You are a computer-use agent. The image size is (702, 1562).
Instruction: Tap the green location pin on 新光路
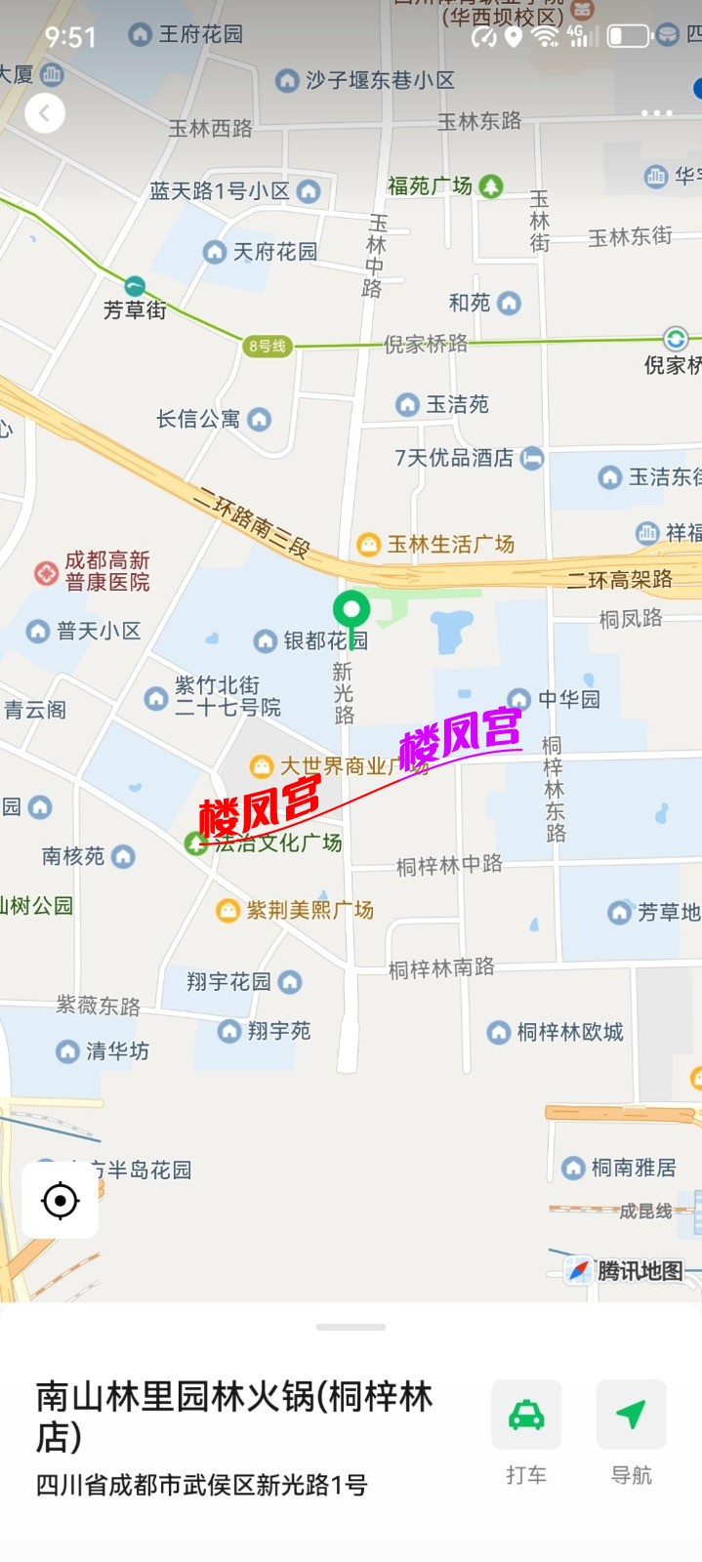(x=351, y=611)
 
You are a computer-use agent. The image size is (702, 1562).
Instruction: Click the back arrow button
(x=44, y=114)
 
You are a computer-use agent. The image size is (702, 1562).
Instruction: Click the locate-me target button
(x=61, y=1200)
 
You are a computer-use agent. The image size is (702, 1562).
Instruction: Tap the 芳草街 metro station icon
(x=135, y=286)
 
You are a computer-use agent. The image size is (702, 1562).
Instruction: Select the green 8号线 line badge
(x=267, y=346)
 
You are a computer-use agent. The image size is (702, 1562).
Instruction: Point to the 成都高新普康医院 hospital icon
(x=46, y=572)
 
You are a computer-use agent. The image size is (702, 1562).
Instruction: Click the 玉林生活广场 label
(x=450, y=545)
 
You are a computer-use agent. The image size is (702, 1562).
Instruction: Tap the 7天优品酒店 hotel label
(x=454, y=458)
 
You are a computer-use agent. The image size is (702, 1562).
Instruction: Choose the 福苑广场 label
(x=430, y=185)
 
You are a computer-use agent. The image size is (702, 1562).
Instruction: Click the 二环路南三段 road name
(x=251, y=523)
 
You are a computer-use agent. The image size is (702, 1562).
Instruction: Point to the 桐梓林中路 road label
(x=449, y=865)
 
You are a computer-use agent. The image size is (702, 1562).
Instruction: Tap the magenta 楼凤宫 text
(x=460, y=737)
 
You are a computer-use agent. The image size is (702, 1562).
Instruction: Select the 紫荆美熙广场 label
(x=310, y=910)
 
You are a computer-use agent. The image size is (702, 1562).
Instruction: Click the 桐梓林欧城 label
(x=569, y=1032)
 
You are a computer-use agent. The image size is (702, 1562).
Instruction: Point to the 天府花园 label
(x=274, y=252)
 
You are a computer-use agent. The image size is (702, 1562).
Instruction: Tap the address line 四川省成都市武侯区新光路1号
(x=202, y=1486)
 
